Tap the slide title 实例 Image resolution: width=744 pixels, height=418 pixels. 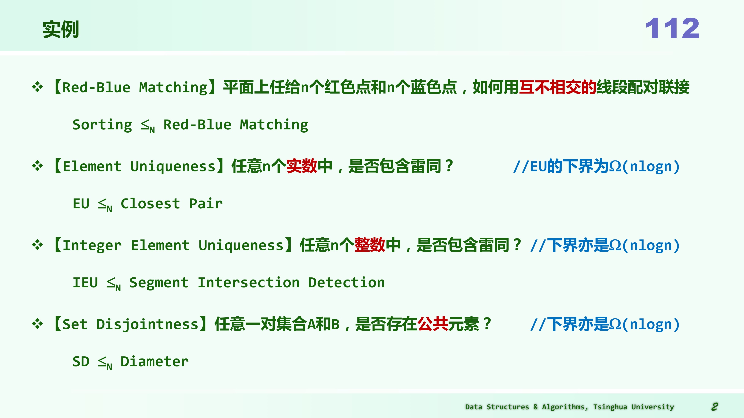click(61, 29)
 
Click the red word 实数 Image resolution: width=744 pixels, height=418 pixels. click(302, 166)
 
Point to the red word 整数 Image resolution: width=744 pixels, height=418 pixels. click(370, 245)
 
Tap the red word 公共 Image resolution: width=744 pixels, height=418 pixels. click(433, 324)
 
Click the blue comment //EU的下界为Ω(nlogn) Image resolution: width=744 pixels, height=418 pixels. click(596, 166)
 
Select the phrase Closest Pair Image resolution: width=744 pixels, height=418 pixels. click(172, 204)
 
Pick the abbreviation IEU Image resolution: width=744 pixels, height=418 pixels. click(85, 283)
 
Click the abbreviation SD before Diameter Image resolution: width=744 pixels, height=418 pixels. click(81, 362)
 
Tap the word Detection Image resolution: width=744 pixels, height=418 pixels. click(346, 283)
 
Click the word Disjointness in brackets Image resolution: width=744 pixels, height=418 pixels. click(147, 324)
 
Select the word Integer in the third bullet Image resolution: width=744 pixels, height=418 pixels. click(92, 246)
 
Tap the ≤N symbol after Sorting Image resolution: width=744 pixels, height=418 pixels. click(148, 126)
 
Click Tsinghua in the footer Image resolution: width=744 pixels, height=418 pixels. click(610, 407)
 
